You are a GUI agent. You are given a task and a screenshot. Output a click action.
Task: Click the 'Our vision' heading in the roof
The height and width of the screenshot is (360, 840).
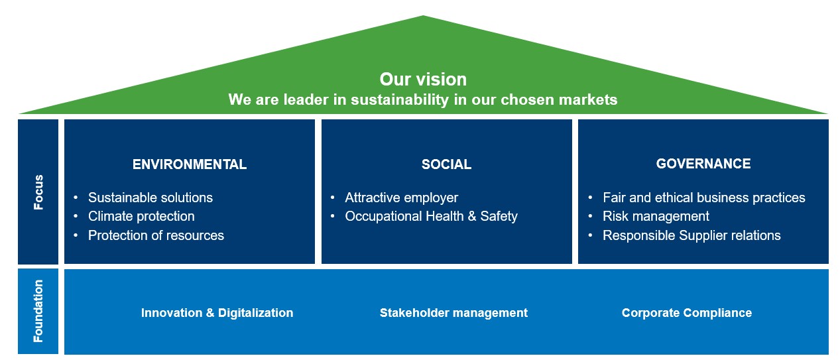click(x=423, y=80)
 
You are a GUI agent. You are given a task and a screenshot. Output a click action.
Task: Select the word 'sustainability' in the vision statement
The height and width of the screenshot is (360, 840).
click(x=400, y=100)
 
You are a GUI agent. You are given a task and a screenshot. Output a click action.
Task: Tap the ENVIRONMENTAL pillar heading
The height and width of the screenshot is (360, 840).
click(x=190, y=164)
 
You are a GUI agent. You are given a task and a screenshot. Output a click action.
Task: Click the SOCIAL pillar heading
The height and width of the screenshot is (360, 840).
click(x=446, y=164)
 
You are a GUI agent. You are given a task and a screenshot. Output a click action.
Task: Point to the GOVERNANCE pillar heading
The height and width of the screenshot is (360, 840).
click(x=703, y=164)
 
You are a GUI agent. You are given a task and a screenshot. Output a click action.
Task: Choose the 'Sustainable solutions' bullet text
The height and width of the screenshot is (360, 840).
click(x=150, y=198)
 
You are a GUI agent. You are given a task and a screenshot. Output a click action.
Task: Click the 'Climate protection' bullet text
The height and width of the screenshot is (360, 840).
click(x=141, y=216)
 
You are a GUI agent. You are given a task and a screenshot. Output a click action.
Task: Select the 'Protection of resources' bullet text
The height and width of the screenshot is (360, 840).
click(x=156, y=235)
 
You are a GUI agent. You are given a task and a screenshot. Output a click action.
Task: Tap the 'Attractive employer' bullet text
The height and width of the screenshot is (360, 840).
click(x=402, y=198)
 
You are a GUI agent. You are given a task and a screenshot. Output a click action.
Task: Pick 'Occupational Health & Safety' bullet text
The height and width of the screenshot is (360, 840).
click(x=431, y=216)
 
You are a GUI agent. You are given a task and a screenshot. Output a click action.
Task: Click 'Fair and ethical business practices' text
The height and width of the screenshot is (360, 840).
click(x=704, y=198)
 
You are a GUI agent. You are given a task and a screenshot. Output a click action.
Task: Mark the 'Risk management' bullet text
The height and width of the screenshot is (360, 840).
click(x=656, y=216)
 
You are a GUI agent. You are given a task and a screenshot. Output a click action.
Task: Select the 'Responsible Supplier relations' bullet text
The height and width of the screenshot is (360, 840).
click(x=691, y=235)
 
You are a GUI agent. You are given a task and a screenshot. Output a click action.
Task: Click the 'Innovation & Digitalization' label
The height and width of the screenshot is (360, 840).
click(x=217, y=313)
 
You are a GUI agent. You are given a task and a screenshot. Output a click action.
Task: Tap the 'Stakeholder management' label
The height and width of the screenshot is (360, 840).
click(x=453, y=313)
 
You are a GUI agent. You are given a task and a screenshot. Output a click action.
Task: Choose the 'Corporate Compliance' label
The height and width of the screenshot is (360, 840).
click(x=687, y=313)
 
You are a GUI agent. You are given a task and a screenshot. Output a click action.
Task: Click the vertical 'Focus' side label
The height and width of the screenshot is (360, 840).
click(x=38, y=192)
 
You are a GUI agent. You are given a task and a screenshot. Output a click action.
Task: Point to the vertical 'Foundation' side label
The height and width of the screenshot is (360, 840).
click(x=38, y=311)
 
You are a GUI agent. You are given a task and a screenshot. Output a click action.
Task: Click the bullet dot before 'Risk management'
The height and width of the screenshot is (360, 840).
click(x=590, y=216)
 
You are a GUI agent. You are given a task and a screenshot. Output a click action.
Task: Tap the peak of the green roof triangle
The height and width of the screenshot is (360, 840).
click(x=423, y=16)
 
